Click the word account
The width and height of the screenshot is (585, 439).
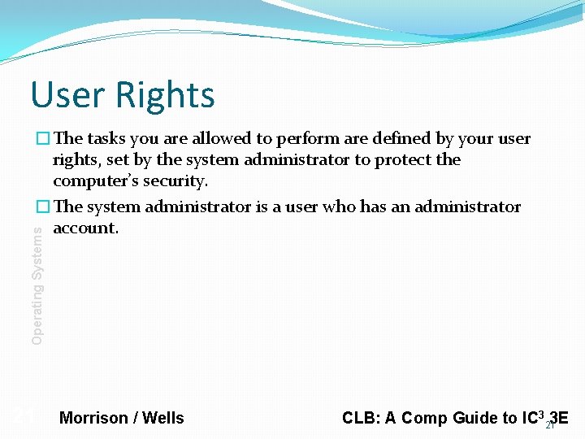85,228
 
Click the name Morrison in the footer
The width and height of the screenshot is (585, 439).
93,418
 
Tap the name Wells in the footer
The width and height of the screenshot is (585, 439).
163,418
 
